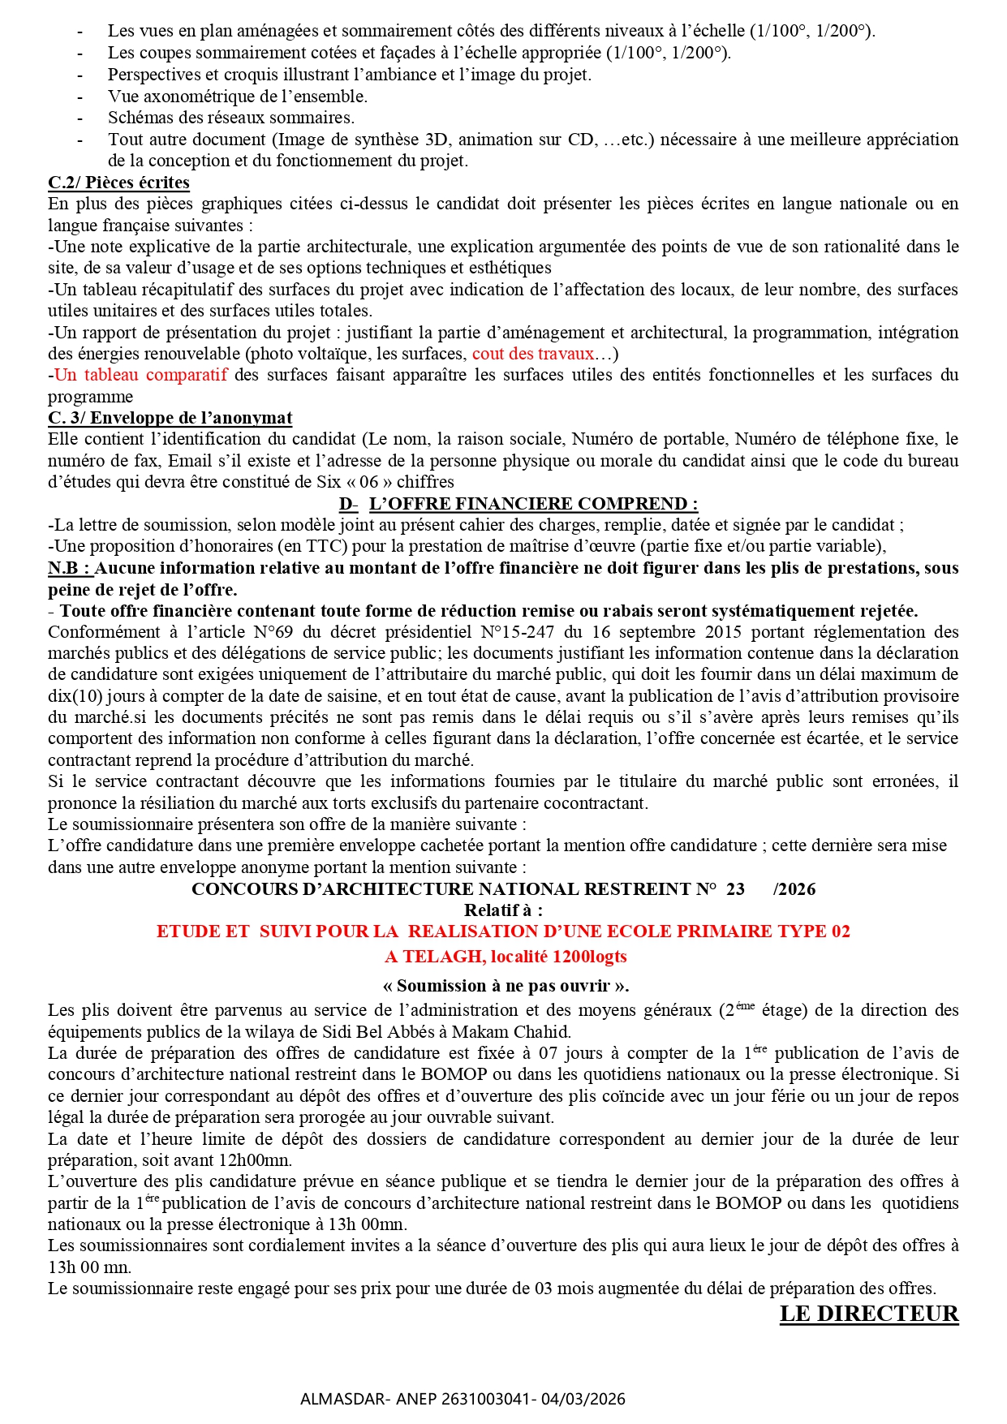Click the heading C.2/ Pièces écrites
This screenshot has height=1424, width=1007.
(118, 183)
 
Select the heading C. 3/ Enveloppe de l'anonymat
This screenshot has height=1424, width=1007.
(170, 418)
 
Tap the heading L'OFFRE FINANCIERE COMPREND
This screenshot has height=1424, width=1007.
(532, 504)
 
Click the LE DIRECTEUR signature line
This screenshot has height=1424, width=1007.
(868, 1314)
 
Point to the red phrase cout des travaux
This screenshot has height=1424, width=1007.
(533, 354)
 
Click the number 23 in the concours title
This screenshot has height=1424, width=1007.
(735, 889)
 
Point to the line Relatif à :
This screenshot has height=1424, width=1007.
(503, 910)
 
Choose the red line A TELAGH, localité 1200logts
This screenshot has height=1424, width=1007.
(506, 957)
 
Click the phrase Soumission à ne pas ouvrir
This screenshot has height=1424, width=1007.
(506, 986)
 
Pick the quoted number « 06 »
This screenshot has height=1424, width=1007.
(369, 482)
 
